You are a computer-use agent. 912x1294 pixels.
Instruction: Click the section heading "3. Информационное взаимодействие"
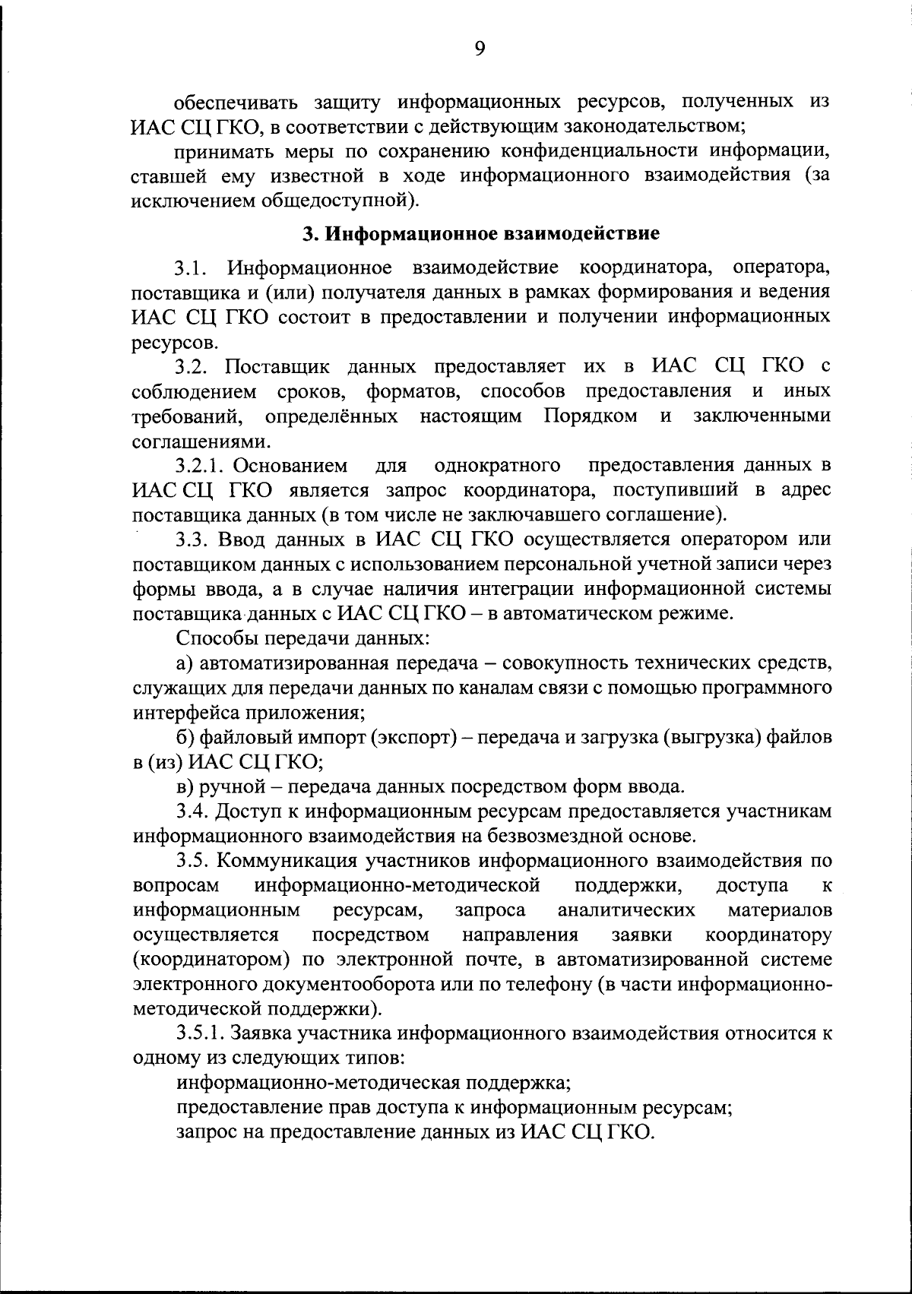(x=480, y=233)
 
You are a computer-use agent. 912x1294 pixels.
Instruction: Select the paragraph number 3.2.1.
(x=204, y=465)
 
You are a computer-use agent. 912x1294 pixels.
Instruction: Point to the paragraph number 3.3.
(x=192, y=539)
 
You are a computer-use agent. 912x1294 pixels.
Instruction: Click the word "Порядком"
(x=590, y=416)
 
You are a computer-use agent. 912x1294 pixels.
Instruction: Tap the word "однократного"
(x=498, y=465)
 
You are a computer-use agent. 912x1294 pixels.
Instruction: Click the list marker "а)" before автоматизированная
(x=185, y=663)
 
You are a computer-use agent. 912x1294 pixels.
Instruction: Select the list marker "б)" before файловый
(x=185, y=737)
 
